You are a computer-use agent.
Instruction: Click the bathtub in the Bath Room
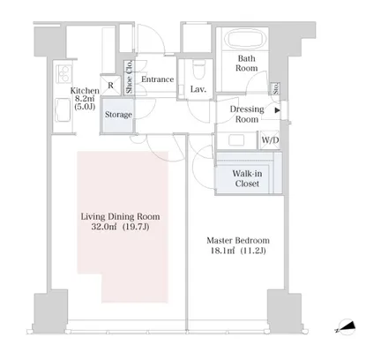tap(247, 39)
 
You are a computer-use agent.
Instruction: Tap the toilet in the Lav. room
tap(198, 70)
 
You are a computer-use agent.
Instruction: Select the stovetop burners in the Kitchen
tap(63, 73)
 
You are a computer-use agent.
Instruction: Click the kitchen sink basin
tap(63, 110)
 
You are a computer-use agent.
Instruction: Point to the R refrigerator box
tap(110, 86)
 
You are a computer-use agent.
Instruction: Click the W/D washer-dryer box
tap(270, 140)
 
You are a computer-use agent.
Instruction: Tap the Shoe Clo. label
tap(130, 78)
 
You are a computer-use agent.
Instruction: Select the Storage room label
tap(118, 115)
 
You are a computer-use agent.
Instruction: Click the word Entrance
tap(158, 79)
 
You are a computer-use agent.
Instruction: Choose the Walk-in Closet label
tap(247, 178)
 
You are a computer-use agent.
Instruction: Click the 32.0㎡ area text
tap(104, 227)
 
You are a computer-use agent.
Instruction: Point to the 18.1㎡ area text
tap(222, 251)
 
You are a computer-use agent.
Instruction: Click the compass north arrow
tap(346, 326)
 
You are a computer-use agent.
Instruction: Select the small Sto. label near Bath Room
tap(276, 88)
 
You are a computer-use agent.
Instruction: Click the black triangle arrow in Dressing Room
tap(277, 110)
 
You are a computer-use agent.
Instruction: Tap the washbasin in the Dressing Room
tap(236, 140)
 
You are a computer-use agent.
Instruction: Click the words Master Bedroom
tap(238, 241)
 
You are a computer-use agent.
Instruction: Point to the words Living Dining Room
tap(121, 217)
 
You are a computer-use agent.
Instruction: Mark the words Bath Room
tap(247, 64)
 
